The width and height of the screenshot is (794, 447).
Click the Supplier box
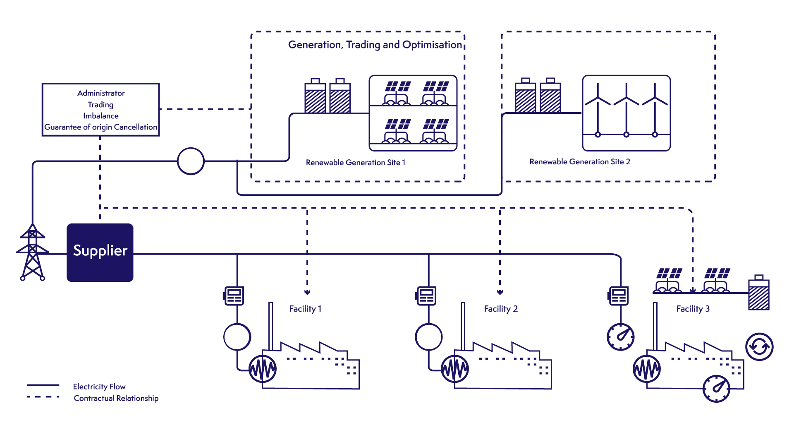coord(100,252)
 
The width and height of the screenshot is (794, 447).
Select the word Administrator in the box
coord(101,93)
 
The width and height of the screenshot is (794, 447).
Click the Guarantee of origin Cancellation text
coord(101,127)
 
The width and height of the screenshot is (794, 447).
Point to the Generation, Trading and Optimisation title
coord(375,45)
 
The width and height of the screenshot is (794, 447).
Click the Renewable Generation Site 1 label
coord(356,163)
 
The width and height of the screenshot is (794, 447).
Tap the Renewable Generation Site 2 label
coord(580,162)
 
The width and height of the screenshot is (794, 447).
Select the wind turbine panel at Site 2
coord(626,113)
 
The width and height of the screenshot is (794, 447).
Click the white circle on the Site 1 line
coord(191,161)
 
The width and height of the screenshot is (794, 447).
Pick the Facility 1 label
coord(305,309)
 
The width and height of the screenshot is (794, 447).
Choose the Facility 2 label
coord(500,309)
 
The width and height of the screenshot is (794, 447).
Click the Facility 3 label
coord(693,309)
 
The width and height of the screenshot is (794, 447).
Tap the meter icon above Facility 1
coord(234,296)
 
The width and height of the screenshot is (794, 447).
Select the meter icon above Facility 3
coord(619,296)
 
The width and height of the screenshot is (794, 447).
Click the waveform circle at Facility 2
coord(455,368)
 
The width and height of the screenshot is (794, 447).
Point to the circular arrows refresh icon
coord(759,347)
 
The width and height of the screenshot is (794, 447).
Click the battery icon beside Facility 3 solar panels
coord(759,293)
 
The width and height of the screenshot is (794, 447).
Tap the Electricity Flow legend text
coord(99,387)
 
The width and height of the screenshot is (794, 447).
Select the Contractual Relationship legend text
coord(116,398)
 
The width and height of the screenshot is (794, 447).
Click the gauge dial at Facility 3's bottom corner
coord(717,389)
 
